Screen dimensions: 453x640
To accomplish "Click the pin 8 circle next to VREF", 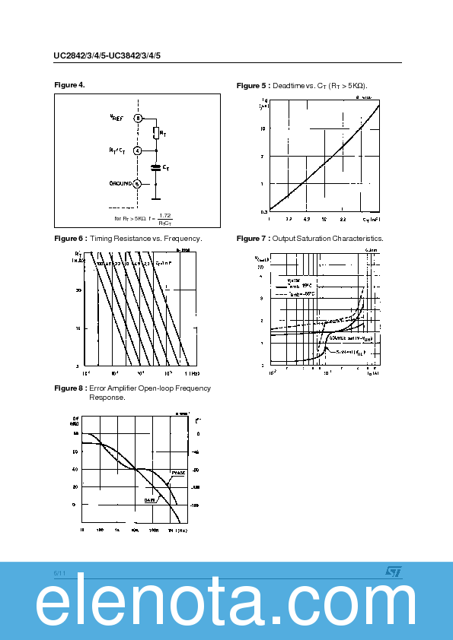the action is tap(138, 118).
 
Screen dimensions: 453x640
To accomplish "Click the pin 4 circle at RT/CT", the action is tap(137, 150).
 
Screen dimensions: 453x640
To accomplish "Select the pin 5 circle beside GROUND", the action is tap(137, 183).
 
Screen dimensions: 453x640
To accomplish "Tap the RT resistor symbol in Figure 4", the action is tap(155, 134).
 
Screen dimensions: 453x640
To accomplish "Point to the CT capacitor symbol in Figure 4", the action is tap(155, 167).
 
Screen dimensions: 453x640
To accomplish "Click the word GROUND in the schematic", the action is tap(120, 183).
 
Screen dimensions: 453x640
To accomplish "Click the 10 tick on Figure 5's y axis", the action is tap(262, 128).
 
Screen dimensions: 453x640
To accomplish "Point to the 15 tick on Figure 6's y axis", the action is tap(78, 328).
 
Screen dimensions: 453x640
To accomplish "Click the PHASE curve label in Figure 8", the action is tap(177, 474).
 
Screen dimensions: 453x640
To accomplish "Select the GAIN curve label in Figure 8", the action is tap(150, 499).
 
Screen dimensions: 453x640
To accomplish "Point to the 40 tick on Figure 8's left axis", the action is tap(75, 469).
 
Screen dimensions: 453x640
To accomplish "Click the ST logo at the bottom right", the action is tap(393, 571).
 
